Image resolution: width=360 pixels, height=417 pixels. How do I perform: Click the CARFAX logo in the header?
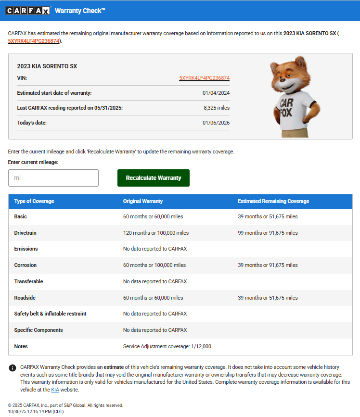28,11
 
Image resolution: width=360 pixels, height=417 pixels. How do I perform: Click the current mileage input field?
53,178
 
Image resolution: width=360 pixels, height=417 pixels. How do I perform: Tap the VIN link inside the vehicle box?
204,78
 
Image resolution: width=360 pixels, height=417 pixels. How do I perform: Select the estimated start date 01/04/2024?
216,93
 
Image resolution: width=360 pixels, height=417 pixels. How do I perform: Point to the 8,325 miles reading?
217,108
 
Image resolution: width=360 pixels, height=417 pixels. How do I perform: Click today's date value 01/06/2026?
216,123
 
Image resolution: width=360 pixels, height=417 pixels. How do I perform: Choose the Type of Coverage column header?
34,201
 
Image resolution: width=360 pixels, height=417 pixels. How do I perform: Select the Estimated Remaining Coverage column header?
273,201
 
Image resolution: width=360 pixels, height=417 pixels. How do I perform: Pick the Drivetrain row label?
26,233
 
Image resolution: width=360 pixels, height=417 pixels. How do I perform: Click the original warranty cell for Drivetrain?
156,233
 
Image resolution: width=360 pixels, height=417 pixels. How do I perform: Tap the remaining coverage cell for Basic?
268,216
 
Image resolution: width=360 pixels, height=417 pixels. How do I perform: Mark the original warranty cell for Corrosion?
154,265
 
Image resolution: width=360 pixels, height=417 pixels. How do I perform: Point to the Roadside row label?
25,298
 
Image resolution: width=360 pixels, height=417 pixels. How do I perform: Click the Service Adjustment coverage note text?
168,346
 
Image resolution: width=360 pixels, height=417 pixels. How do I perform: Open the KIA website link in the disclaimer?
55,390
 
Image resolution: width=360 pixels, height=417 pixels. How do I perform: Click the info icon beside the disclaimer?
13,368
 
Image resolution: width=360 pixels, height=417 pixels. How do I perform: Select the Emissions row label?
26,249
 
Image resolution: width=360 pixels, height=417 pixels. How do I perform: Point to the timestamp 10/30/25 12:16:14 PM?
36,412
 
